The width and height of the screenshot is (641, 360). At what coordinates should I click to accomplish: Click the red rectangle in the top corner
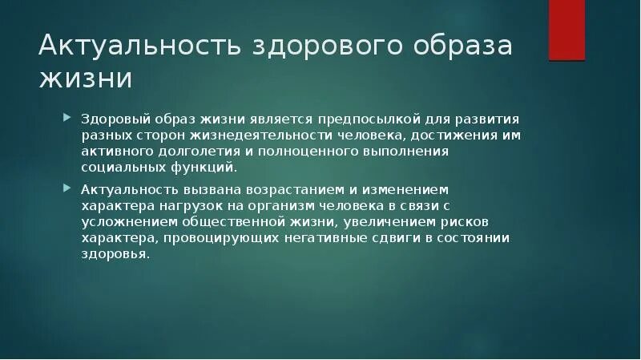click(566, 30)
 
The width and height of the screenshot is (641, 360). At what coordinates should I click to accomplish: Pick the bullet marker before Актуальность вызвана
click(68, 189)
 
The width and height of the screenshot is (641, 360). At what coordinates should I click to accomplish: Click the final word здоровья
click(115, 255)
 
